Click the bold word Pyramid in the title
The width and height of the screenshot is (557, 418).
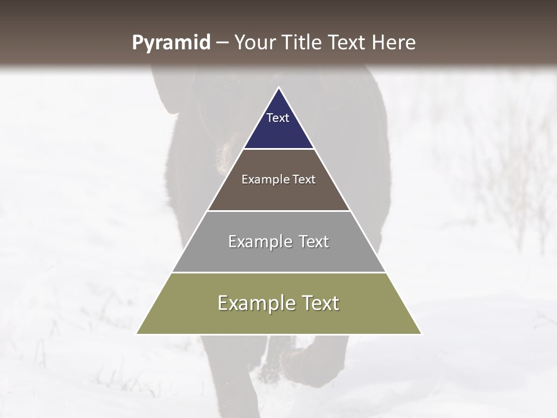171,43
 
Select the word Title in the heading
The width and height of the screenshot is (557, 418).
303,42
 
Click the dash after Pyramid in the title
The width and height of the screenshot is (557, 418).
222,43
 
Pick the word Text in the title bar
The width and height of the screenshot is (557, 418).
348,42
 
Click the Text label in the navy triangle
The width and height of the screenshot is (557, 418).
278,118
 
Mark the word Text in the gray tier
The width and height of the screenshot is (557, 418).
314,242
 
